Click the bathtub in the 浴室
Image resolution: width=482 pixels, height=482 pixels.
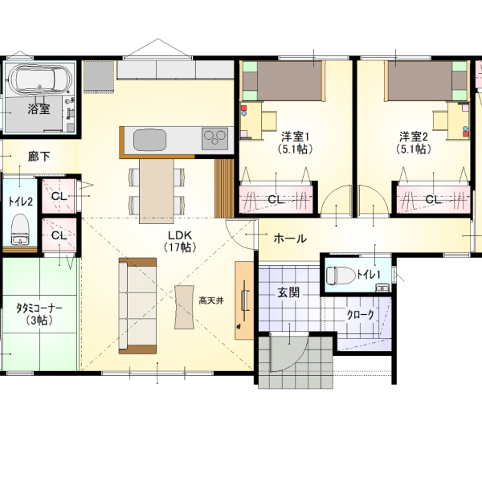[40, 79]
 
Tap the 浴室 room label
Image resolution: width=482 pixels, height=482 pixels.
[39, 108]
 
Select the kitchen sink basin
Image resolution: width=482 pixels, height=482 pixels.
[149, 140]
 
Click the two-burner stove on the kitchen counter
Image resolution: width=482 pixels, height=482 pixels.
[214, 139]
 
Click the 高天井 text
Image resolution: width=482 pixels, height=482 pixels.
[210, 300]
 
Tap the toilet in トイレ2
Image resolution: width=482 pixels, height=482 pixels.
[20, 229]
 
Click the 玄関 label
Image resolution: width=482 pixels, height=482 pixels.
[288, 292]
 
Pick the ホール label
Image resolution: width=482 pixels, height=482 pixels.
[290, 239]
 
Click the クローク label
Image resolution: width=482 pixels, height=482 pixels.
[360, 315]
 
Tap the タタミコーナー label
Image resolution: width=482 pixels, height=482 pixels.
[39, 308]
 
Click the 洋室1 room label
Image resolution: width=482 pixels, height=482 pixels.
[295, 137]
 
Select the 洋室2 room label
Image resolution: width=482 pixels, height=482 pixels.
[414, 137]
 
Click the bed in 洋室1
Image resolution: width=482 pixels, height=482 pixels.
[282, 81]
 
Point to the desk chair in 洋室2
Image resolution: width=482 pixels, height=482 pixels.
[440, 120]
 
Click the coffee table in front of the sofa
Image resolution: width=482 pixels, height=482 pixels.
[185, 308]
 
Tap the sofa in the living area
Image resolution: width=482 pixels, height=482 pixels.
[137, 306]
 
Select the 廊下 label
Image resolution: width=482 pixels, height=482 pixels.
[39, 157]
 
